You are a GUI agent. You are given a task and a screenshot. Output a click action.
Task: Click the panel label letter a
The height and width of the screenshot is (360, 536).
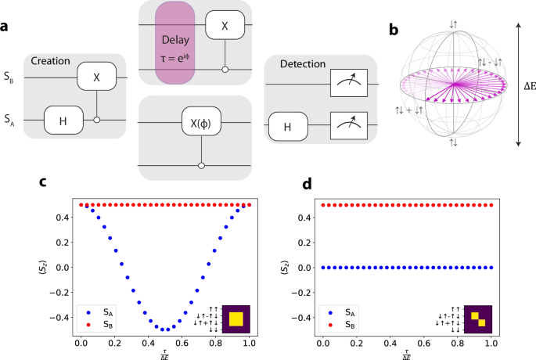click(7, 27)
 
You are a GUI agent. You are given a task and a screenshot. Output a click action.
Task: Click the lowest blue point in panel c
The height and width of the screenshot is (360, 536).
click(164, 329)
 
